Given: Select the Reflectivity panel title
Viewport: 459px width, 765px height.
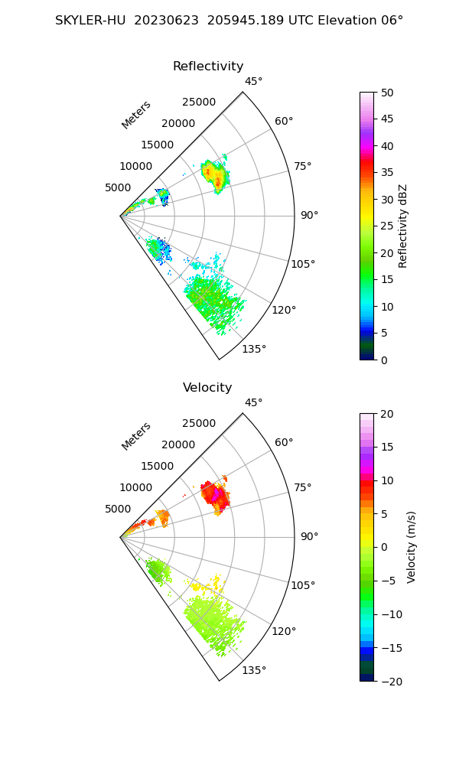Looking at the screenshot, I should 208,67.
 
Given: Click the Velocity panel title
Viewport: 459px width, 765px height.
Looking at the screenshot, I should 207,388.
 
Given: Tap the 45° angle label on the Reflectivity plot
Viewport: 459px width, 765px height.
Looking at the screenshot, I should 254,82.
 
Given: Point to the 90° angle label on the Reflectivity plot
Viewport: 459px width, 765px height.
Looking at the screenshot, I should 309,216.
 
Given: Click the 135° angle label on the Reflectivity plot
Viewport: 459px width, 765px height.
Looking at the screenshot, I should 254,350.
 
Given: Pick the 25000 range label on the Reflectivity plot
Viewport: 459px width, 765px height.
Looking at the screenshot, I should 199,103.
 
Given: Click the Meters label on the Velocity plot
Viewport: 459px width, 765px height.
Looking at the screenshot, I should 136,436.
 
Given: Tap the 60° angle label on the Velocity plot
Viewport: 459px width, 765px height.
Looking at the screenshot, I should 285,443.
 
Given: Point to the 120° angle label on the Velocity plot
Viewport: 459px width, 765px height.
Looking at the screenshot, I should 284,631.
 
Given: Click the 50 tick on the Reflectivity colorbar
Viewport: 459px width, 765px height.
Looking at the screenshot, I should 388,93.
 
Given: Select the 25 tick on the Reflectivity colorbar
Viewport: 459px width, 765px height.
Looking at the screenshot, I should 388,226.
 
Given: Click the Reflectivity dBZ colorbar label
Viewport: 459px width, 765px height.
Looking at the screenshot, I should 403,226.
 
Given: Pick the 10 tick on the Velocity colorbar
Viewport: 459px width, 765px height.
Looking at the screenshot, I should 388,480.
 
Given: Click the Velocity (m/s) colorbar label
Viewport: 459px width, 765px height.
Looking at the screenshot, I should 412,547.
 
